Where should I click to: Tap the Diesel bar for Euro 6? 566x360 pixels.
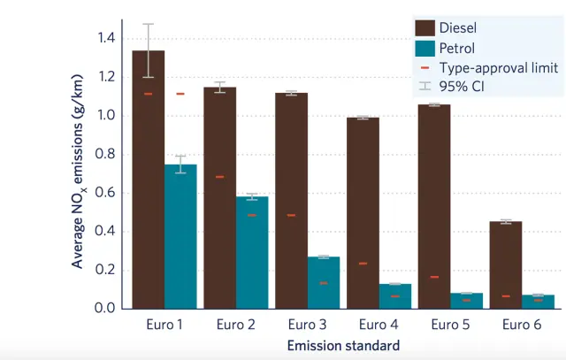(x=506, y=265)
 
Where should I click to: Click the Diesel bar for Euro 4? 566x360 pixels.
(x=363, y=212)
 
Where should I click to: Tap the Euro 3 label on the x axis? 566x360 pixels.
(x=307, y=325)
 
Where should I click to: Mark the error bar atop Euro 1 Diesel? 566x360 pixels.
(x=149, y=50)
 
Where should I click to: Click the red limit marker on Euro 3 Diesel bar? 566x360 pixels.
(x=291, y=215)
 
